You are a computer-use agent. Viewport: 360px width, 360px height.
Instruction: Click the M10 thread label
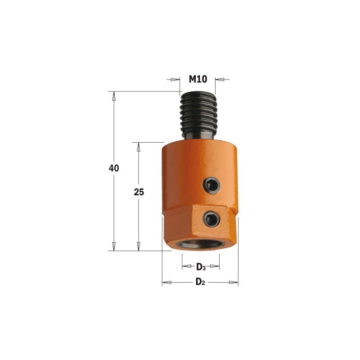point(198,79)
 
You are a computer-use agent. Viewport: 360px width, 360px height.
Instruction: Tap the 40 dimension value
point(114,168)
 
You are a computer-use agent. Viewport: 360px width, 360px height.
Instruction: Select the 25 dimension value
point(139,192)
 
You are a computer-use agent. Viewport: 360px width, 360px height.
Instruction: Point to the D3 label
point(201,267)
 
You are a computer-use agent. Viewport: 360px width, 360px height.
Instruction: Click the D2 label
point(200,282)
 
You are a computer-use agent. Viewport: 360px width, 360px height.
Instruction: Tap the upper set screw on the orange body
point(211,185)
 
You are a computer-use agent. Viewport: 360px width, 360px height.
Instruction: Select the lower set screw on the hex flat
point(211,219)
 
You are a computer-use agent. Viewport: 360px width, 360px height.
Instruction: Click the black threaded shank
point(198,115)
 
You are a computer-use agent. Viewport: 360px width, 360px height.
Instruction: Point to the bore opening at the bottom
point(200,244)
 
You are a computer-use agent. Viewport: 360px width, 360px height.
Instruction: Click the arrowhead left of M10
point(175,80)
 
